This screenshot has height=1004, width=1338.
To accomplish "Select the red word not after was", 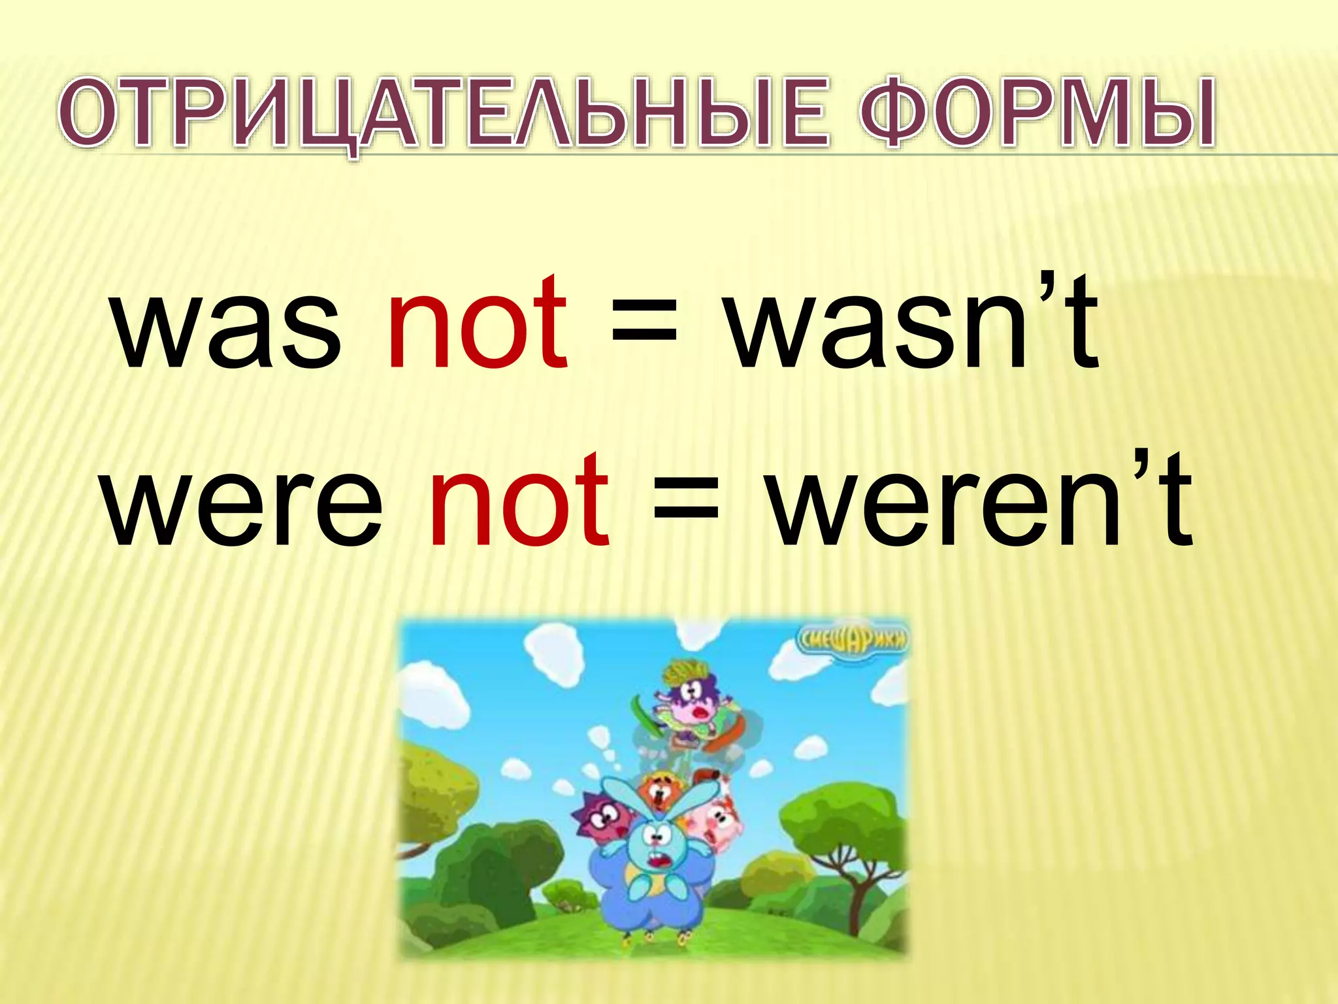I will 478,324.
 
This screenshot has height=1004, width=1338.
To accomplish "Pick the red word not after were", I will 519,500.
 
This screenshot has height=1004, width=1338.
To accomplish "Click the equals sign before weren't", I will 686,503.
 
